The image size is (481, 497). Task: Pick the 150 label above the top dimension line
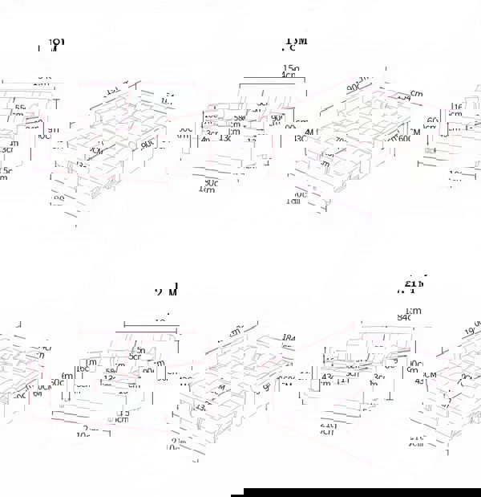[x=290, y=68]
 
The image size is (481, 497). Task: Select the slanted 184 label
[x=289, y=338]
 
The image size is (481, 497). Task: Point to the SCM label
[x=430, y=375]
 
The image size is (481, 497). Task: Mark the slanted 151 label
[x=112, y=90]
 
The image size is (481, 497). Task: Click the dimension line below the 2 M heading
[x=160, y=328]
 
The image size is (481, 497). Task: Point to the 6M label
[x=415, y=130]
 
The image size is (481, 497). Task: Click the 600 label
[x=405, y=138]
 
